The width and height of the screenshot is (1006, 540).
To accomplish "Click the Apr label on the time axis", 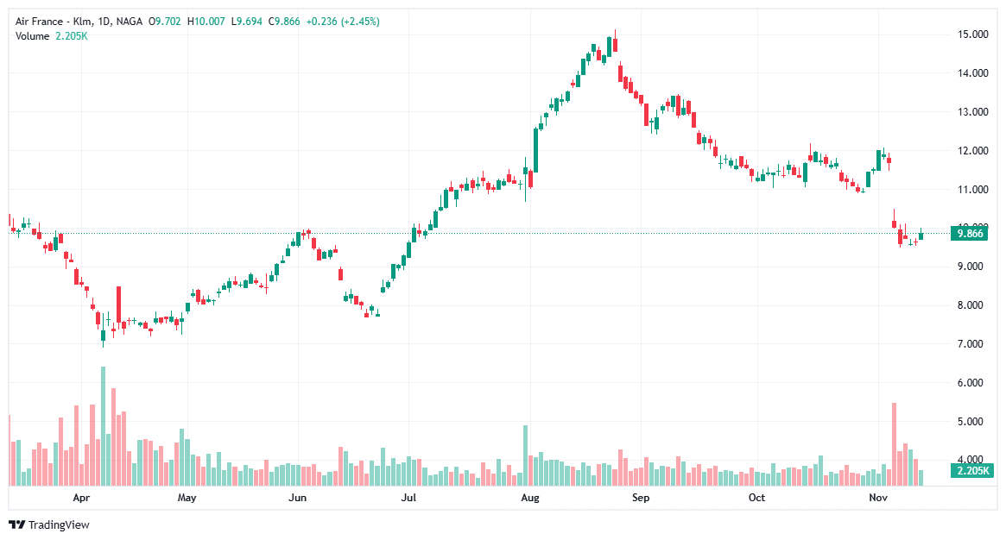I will click(81, 498).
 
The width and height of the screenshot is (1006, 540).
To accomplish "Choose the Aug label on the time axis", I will click(530, 498).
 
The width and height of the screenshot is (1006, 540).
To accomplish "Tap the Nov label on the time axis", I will click(877, 498).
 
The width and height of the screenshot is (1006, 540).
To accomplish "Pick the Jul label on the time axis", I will click(409, 498).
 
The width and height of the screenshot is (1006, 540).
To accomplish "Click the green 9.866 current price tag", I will click(971, 233).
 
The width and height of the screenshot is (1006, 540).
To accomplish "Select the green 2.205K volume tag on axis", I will click(971, 471).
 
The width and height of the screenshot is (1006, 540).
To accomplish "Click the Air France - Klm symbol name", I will click(51, 21).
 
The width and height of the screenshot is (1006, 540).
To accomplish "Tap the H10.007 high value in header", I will click(206, 21).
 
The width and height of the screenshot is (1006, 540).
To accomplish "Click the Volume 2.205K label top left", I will click(51, 35).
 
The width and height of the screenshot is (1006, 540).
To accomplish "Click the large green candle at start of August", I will click(536, 150).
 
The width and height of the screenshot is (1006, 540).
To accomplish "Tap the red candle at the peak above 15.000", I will click(614, 49).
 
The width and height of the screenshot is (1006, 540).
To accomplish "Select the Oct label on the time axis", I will click(756, 498).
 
